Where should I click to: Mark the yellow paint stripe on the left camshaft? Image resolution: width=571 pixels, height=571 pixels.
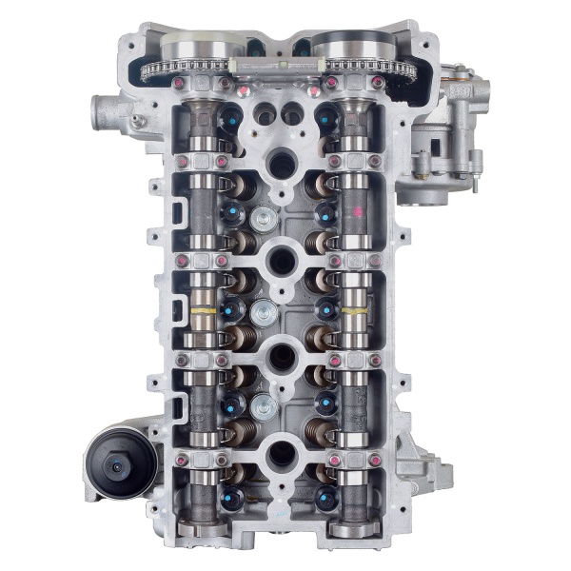pyautogui.click(x=202, y=311)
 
